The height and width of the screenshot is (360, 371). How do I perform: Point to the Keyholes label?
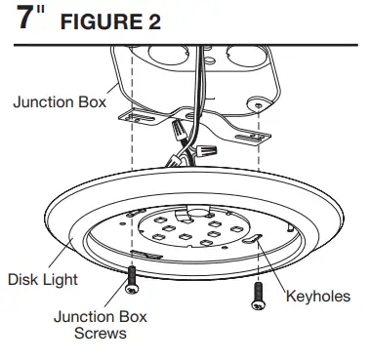(316, 296)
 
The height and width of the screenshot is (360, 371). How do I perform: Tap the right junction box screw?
(259, 294)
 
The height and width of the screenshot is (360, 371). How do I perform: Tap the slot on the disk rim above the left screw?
(138, 253)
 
